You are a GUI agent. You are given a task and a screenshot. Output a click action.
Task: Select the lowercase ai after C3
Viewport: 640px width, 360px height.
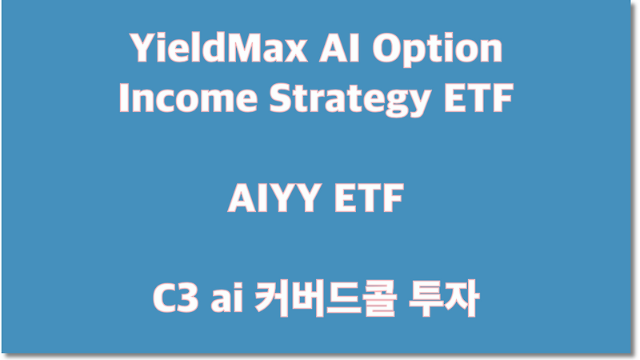point(221,299)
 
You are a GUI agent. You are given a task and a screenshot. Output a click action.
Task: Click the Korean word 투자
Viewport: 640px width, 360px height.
point(443,299)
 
